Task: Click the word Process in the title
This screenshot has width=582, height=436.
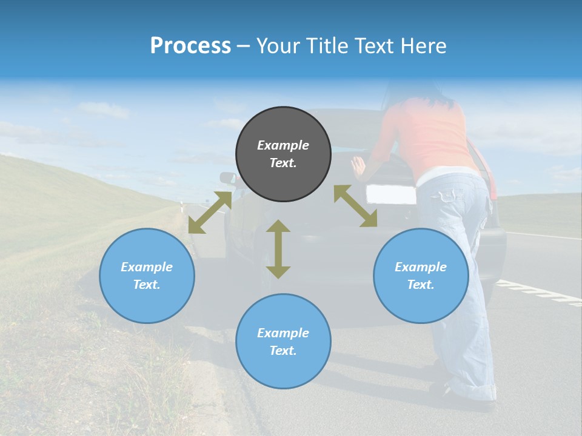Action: [190, 46]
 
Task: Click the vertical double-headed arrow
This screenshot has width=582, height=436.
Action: [278, 249]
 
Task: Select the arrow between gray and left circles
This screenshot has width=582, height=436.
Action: [210, 212]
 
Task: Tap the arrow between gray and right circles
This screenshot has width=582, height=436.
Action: [355, 206]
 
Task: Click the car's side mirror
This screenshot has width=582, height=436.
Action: [228, 178]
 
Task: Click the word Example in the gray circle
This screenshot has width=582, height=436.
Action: [283, 145]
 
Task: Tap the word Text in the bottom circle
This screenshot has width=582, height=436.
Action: [283, 351]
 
